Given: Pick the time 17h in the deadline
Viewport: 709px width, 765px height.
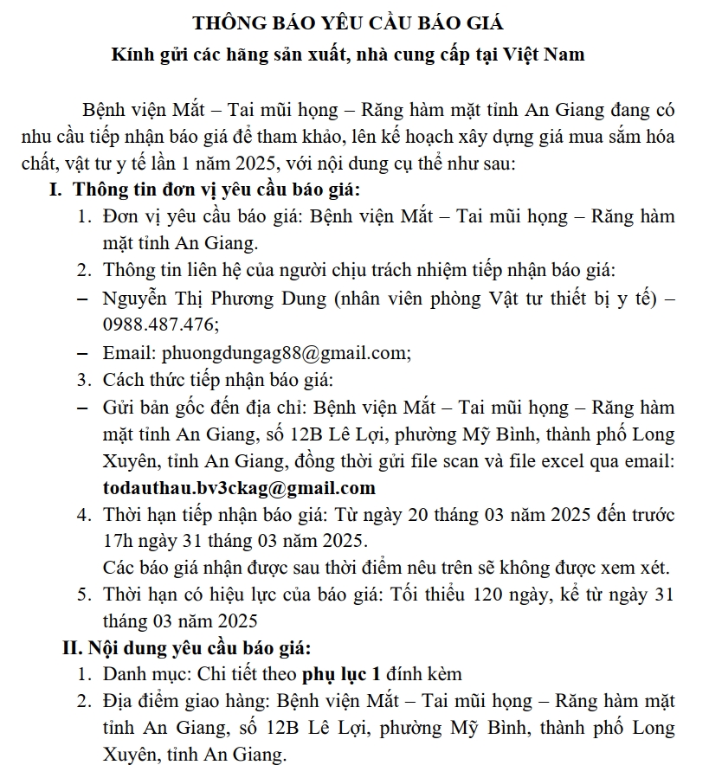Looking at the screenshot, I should point(118,541).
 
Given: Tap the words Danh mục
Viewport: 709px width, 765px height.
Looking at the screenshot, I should point(138,674).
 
